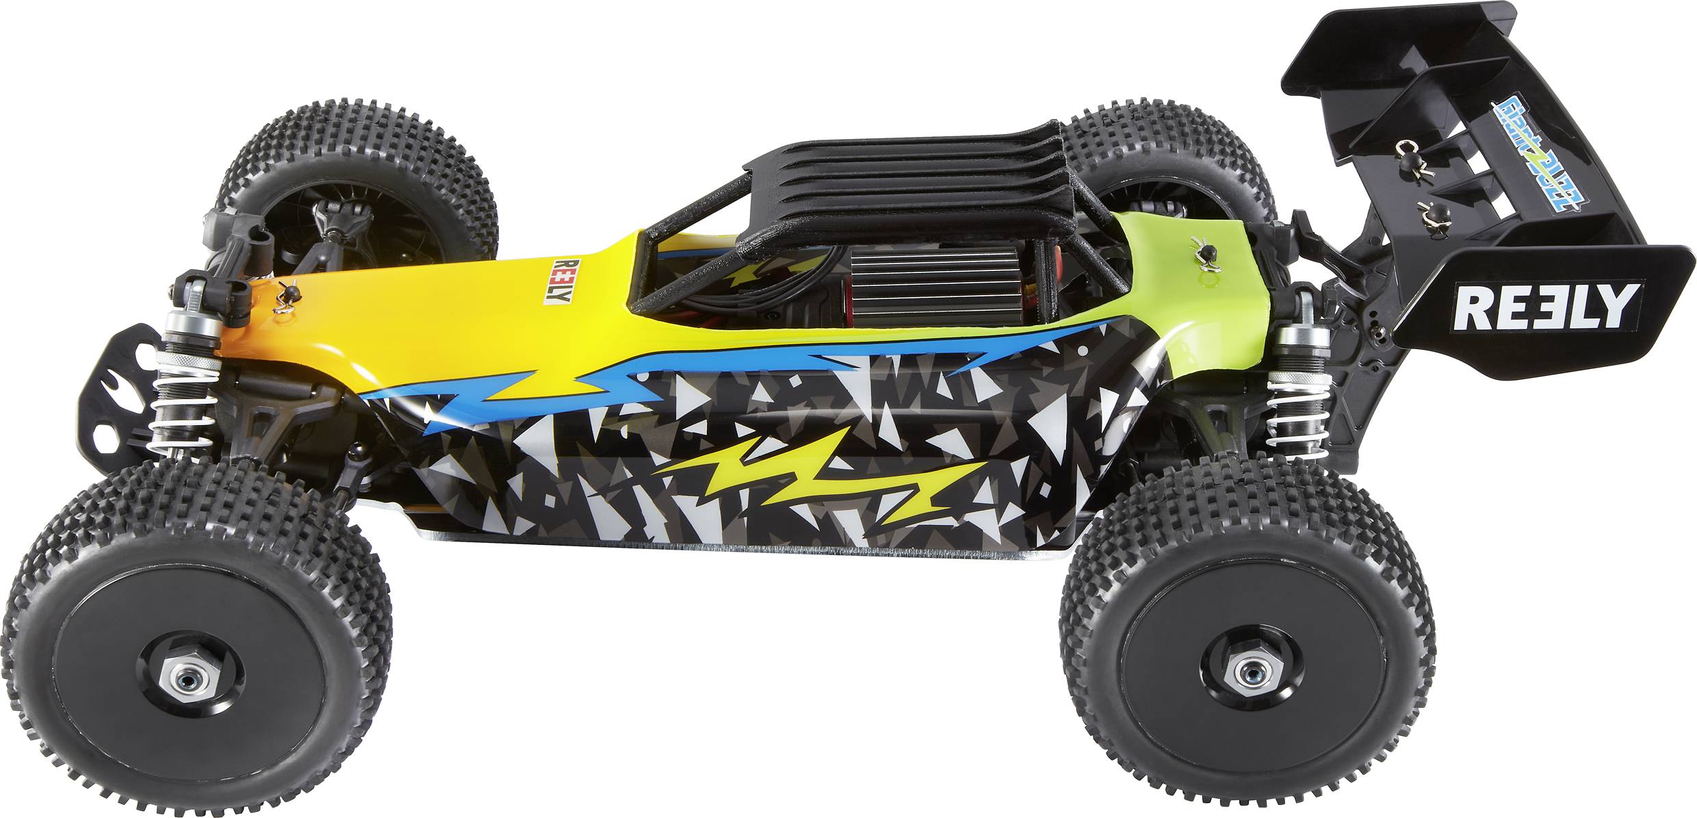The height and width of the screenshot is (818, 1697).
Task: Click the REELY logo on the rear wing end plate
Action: point(1546,306)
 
